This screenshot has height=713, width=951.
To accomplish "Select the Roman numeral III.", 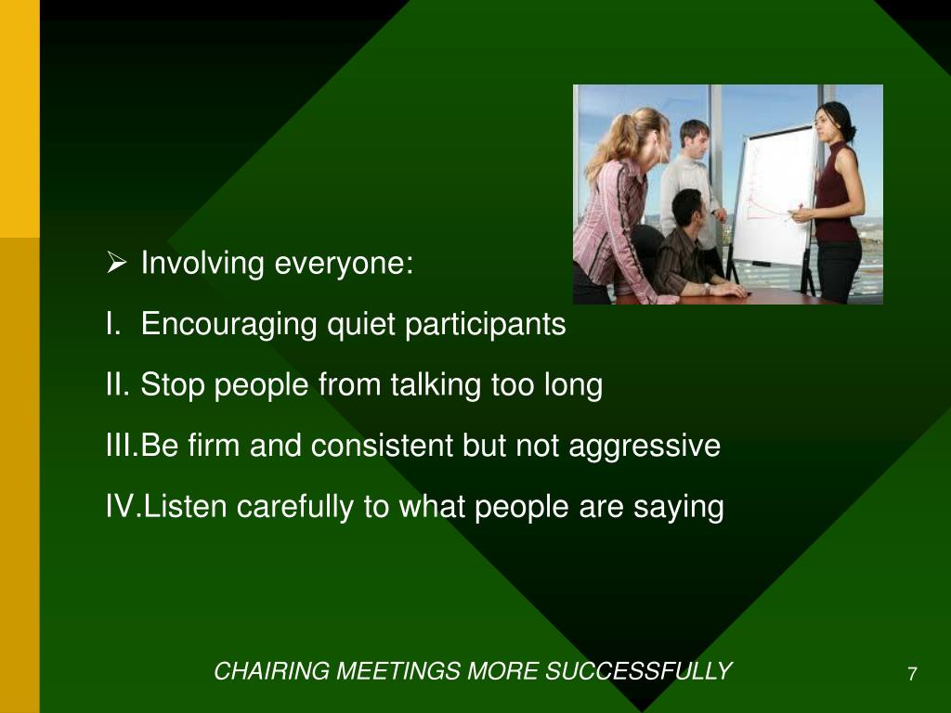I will click(121, 446).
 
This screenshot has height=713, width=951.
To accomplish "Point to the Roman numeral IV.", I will click(123, 507).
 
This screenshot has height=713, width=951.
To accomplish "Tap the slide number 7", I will click(912, 674).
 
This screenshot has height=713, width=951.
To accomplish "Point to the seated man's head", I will click(688, 207).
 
